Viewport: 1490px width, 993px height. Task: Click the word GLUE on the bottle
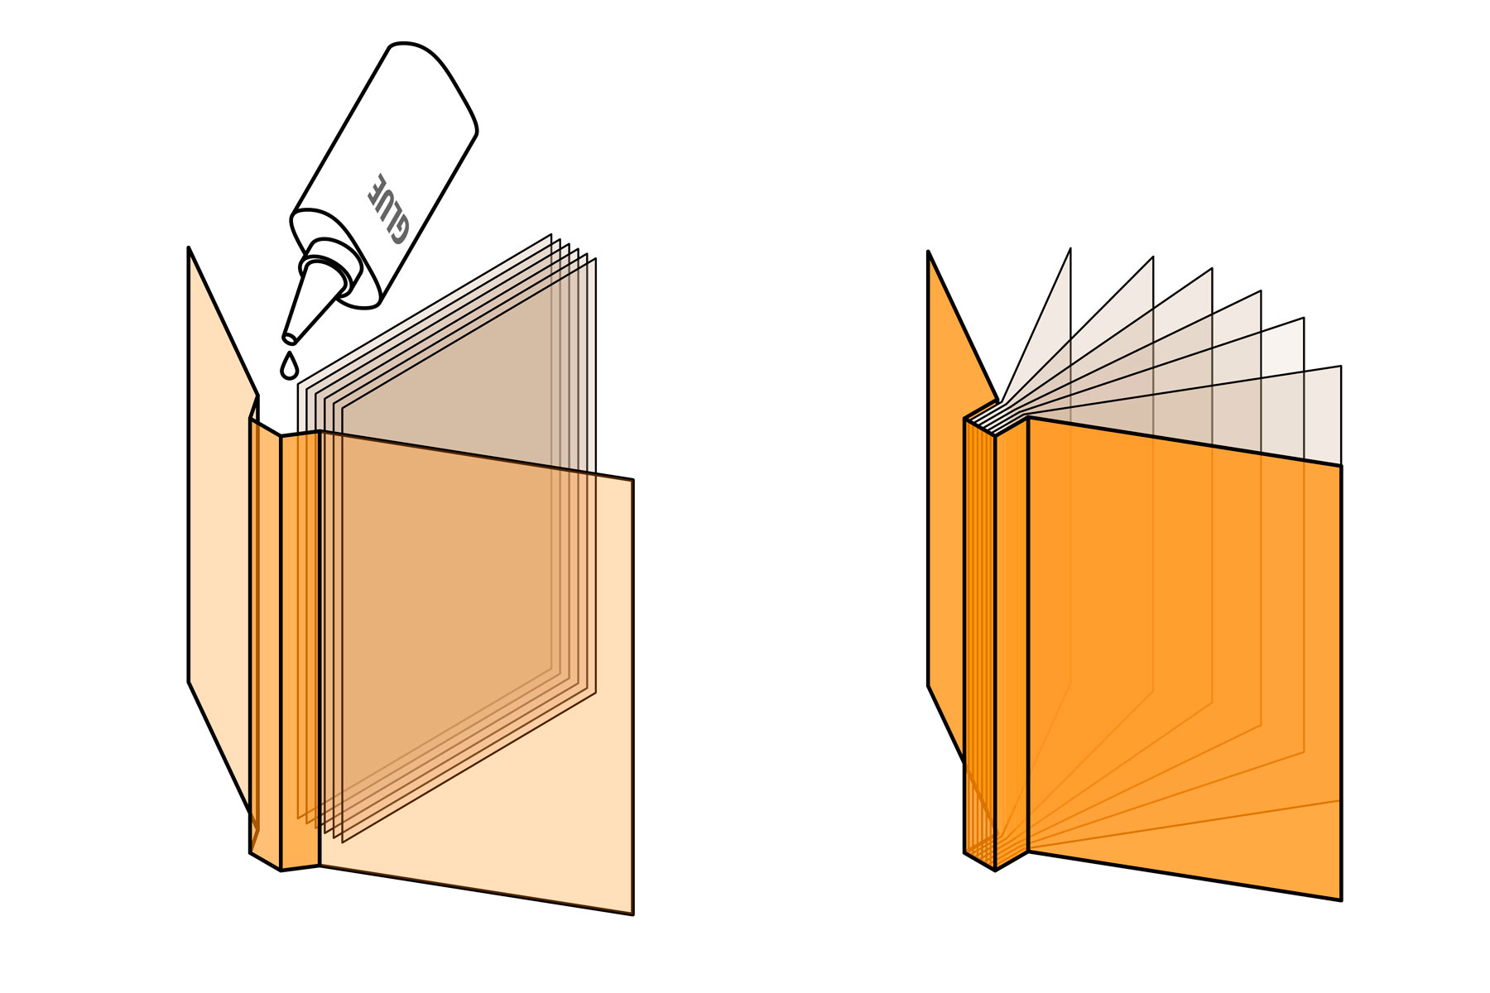point(388,209)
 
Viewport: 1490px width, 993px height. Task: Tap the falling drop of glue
point(289,366)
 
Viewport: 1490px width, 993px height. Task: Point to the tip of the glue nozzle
point(289,338)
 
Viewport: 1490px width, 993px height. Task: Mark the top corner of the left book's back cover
point(190,247)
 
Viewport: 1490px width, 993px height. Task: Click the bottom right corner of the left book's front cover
point(633,914)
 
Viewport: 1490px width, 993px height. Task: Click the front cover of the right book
point(1184,662)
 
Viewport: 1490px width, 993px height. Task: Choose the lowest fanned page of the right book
point(1316,414)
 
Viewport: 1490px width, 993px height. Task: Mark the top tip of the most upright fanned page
point(1070,248)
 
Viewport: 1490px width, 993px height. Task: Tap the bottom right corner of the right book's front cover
point(1341,900)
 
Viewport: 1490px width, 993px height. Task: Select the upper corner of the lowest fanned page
point(1340,366)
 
